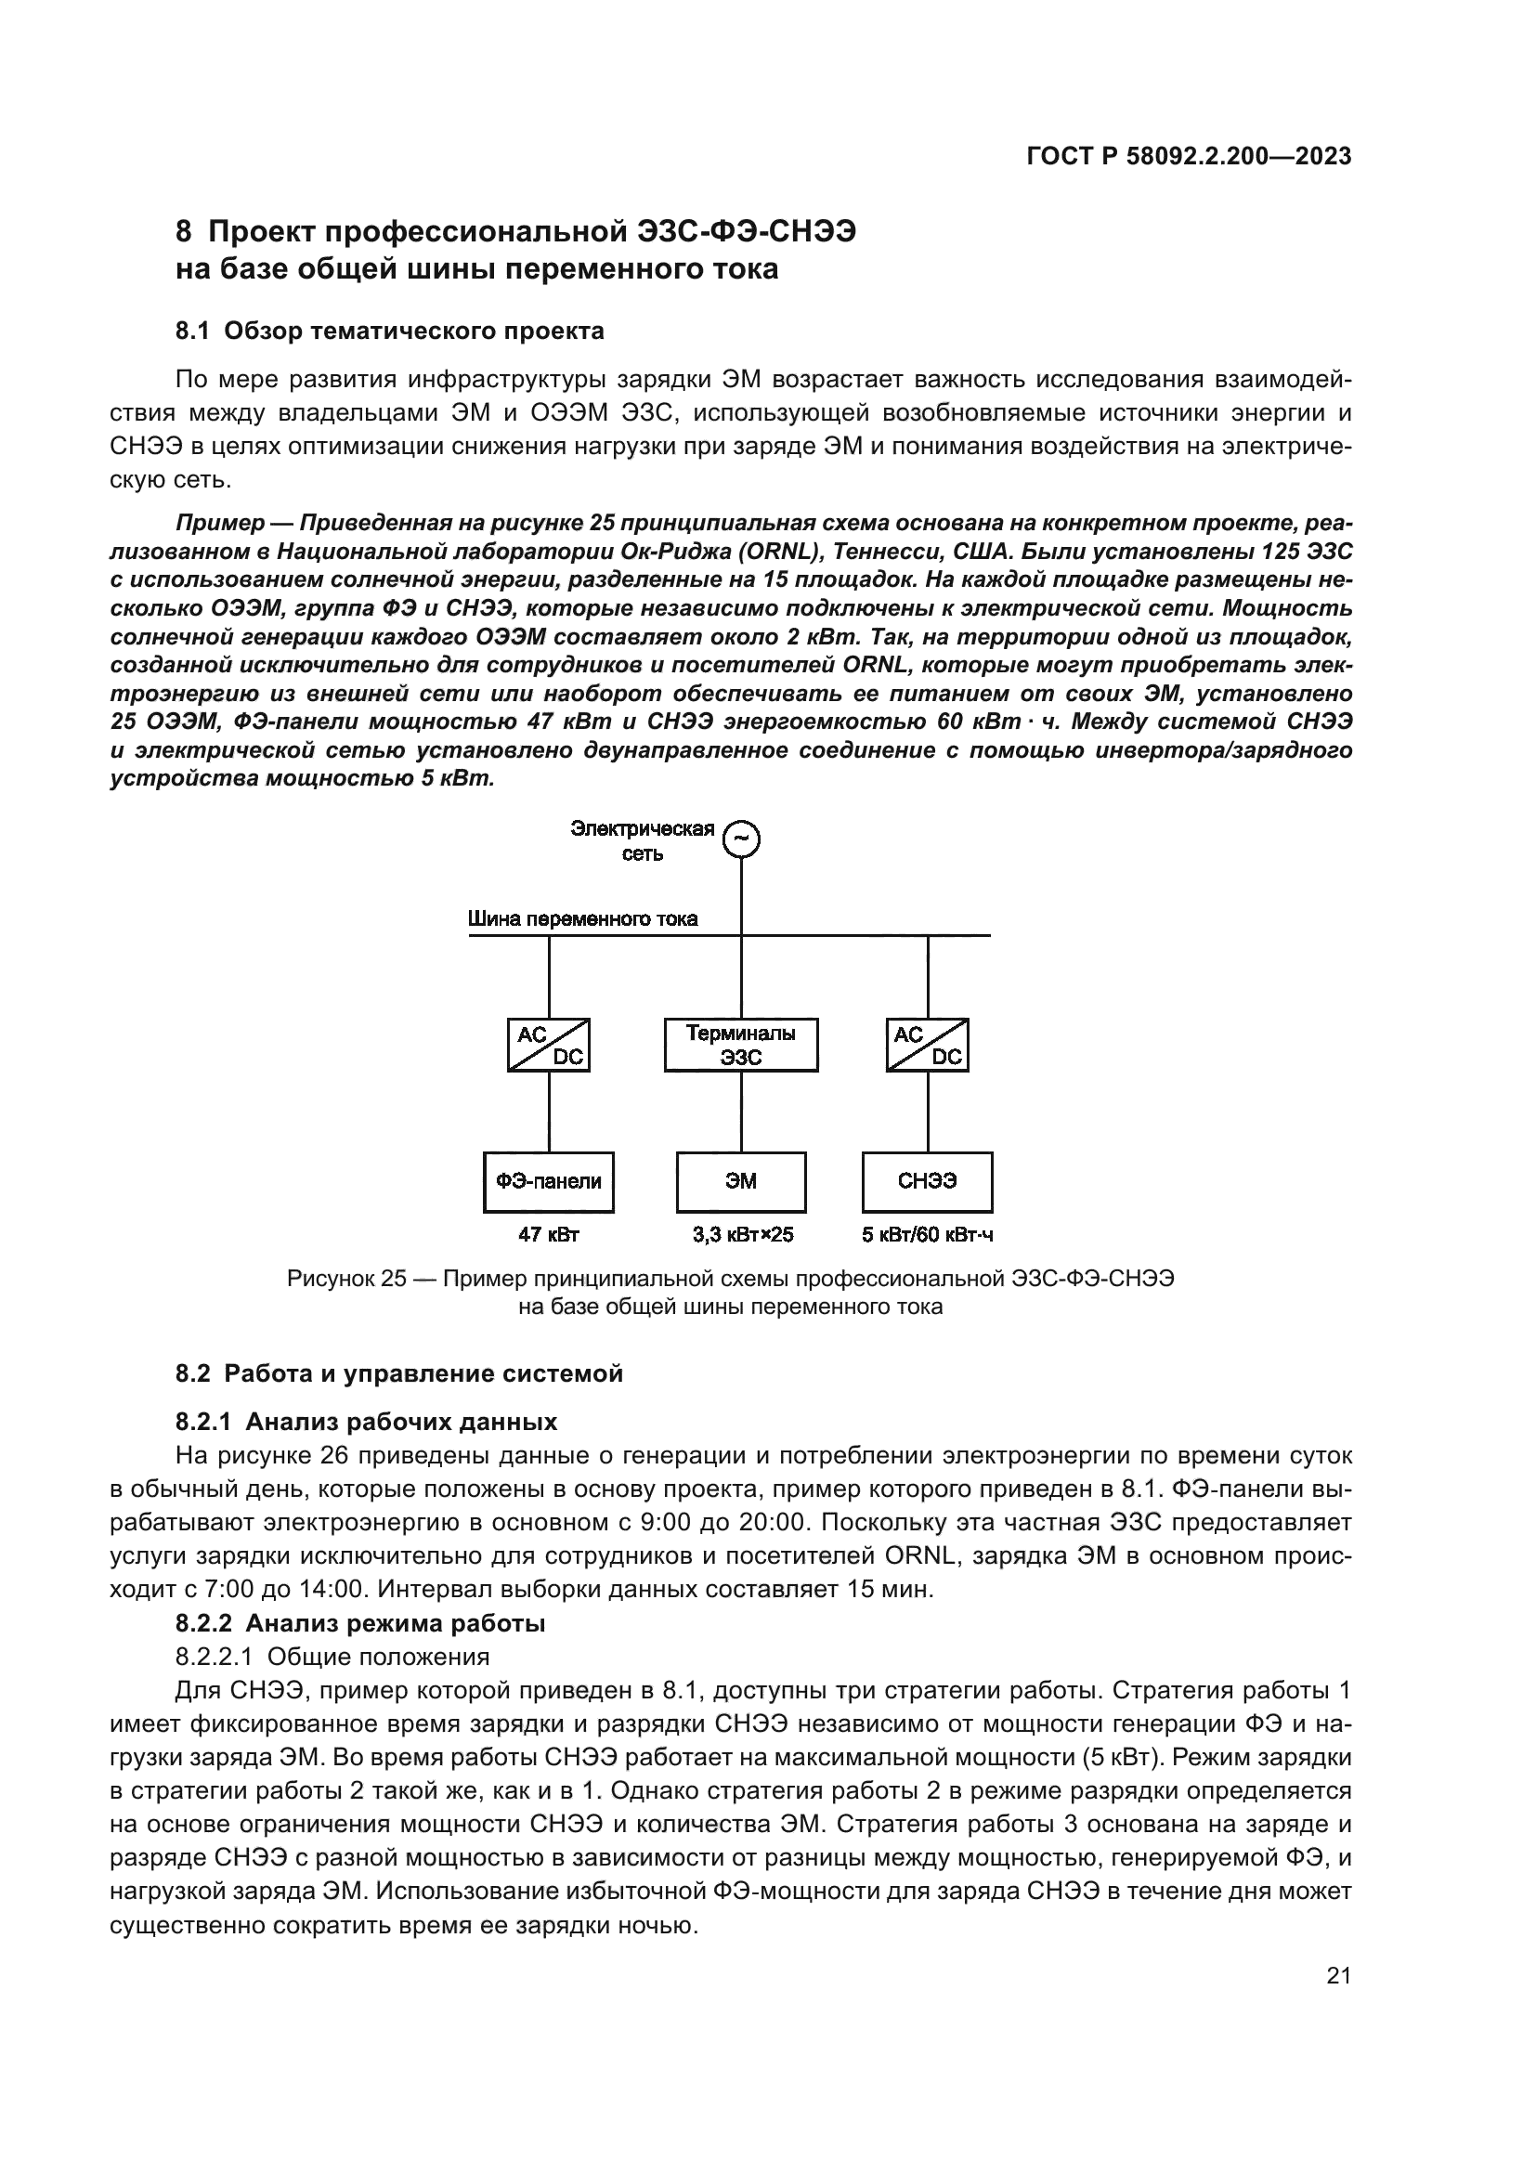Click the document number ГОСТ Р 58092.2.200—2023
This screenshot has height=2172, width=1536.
[x=1189, y=156]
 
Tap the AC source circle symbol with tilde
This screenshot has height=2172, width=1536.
[x=741, y=839]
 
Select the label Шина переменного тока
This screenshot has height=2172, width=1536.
[x=582, y=919]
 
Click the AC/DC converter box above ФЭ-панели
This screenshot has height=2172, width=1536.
[x=549, y=1046]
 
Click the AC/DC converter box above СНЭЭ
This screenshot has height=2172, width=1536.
[x=927, y=1046]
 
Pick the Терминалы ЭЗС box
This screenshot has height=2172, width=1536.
[x=740, y=1046]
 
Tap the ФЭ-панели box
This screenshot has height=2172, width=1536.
[x=549, y=1181]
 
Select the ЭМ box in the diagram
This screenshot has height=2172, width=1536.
[x=740, y=1181]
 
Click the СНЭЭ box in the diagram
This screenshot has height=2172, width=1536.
[x=927, y=1181]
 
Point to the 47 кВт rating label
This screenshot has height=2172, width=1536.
[x=549, y=1235]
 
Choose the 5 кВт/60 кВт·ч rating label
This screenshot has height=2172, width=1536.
[x=928, y=1235]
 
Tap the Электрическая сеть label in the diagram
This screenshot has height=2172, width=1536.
[x=643, y=841]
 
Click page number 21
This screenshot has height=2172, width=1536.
[x=1338, y=1975]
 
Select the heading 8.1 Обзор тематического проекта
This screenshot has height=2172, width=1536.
[x=390, y=332]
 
